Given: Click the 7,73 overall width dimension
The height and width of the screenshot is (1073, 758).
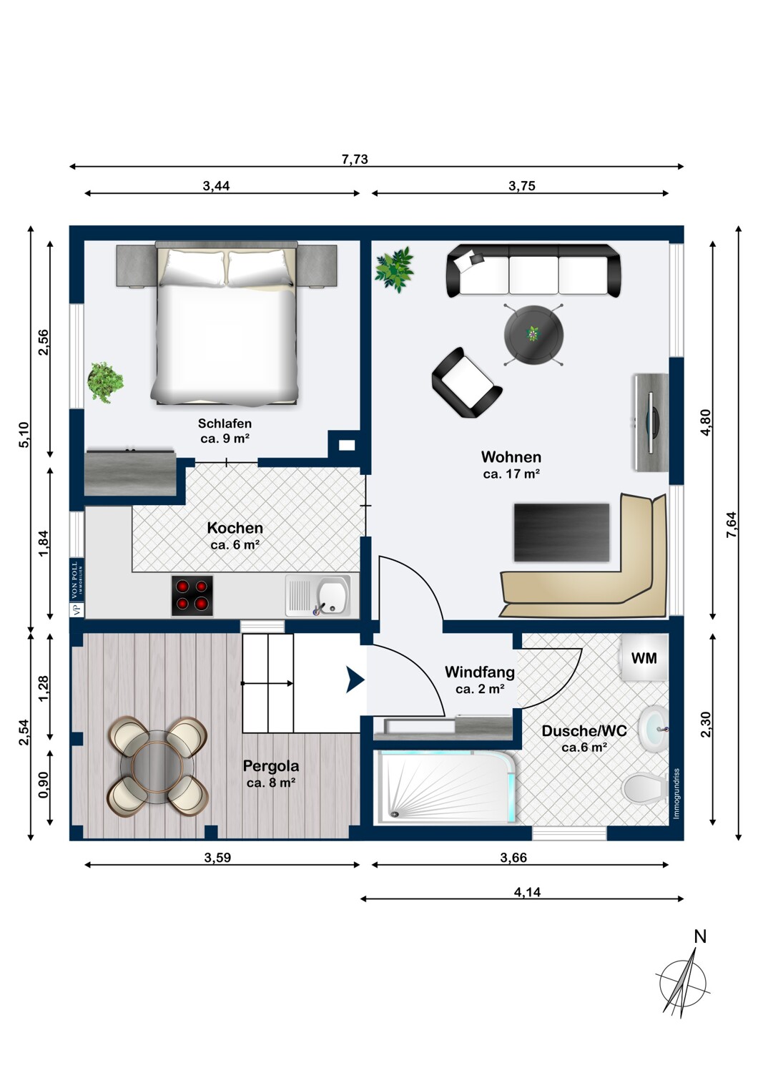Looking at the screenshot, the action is coord(355,159).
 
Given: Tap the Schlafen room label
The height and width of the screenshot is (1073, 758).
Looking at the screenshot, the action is coord(225,423).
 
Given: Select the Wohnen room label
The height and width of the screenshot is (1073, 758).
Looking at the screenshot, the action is coord(511,457).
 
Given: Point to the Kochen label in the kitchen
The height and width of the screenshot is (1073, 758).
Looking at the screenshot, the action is coord(235,528).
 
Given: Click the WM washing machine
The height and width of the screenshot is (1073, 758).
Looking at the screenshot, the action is coord(644,657).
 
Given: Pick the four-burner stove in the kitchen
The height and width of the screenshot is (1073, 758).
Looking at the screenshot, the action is coord(192,596).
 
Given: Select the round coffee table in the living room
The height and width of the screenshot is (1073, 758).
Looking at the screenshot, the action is coord(533,334).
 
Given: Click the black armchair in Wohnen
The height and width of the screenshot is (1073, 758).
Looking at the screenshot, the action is coord(466,383).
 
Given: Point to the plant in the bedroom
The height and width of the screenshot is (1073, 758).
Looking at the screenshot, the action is coord(105,382).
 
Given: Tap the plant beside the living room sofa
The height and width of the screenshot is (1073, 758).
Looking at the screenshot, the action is coord(395,269).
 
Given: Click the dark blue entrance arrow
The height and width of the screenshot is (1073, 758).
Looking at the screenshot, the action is coord(355,680).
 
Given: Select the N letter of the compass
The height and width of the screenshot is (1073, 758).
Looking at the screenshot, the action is coord(700,936).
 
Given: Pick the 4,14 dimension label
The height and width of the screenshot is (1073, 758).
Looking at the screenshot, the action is coord(527,892).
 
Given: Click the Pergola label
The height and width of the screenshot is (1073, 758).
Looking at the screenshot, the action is coord(271,766).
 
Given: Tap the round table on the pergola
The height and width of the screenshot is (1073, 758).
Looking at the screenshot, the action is coord(157,765).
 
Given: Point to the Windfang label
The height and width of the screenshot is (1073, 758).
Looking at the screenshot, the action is coord(480,672).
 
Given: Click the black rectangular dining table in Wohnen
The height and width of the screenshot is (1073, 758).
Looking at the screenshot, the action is coord(561,532).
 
